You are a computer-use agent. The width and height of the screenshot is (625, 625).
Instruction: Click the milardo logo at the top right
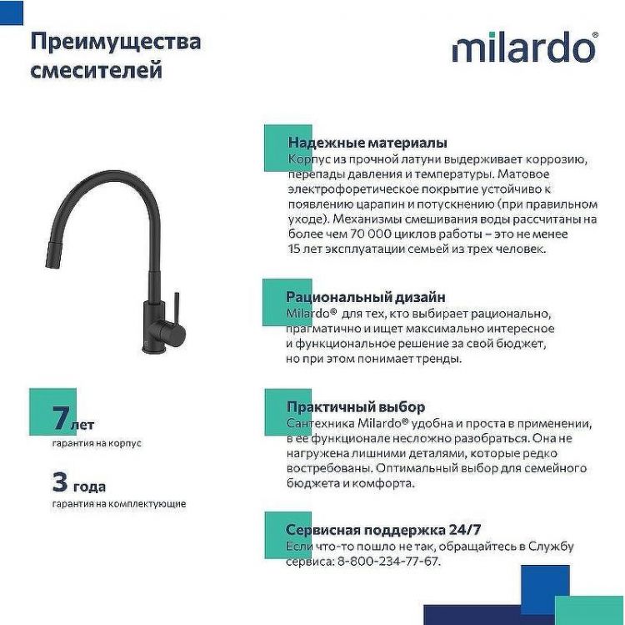525,48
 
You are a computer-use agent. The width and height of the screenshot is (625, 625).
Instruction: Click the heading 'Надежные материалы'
367,143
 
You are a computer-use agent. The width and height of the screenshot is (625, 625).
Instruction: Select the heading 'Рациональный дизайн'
366,297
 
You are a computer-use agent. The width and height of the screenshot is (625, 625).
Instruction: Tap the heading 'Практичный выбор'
356,407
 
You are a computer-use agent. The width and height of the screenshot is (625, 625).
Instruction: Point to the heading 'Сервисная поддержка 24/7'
383,530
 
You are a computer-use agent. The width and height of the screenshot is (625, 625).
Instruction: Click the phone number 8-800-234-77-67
388,562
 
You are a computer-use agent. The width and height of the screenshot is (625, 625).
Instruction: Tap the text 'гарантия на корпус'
97,443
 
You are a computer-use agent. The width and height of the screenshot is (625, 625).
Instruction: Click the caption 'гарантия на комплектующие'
119,504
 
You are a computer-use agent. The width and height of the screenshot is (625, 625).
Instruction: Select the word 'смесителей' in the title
96,71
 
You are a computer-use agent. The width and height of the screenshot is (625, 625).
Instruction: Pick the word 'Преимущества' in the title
115,41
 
